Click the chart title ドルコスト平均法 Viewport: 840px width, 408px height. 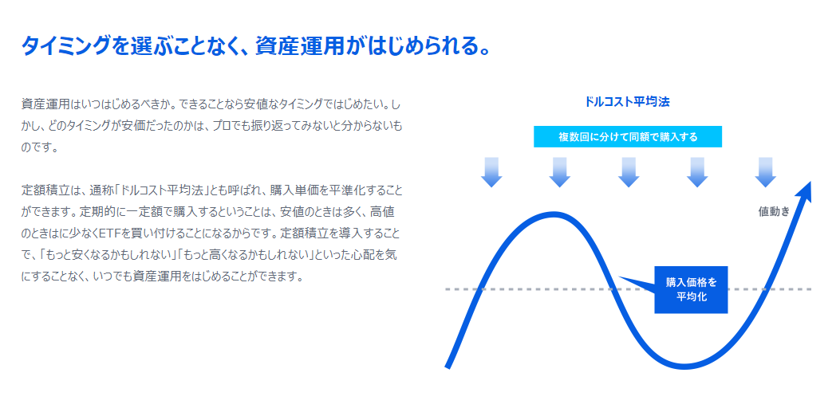627,102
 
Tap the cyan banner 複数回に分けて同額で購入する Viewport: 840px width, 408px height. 628,136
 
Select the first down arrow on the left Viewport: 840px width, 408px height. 491,172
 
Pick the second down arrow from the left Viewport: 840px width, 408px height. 559,172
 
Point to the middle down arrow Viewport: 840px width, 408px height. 629,172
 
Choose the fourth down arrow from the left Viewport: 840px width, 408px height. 697,172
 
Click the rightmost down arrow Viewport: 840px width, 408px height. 766,172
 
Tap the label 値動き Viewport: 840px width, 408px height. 774,211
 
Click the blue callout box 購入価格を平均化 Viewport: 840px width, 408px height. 691,289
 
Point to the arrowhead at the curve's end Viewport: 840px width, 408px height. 805,191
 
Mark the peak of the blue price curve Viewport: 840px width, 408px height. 554,215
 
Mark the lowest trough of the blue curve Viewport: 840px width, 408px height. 684,366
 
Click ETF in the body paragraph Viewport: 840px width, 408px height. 107,234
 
